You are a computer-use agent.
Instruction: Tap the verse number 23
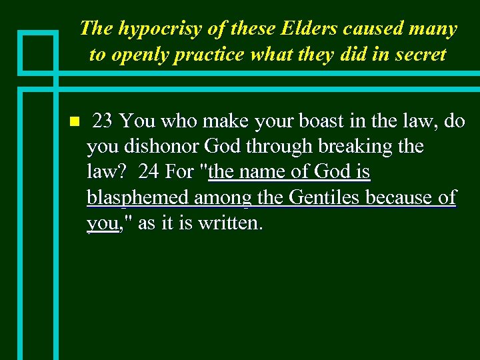(x=103, y=121)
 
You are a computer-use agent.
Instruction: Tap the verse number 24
(x=149, y=172)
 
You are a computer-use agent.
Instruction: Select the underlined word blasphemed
(x=137, y=198)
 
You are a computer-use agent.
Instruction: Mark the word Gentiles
(x=323, y=197)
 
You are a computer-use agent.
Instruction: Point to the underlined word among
(x=221, y=198)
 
